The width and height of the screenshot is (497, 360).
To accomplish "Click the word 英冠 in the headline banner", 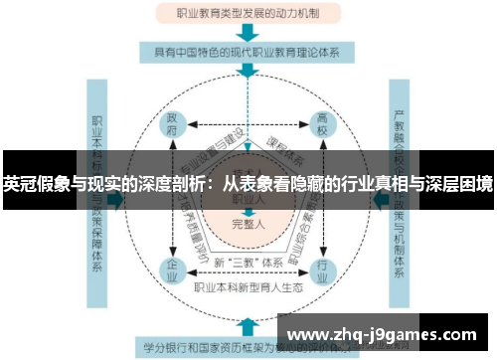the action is pyautogui.click(x=19, y=184).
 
